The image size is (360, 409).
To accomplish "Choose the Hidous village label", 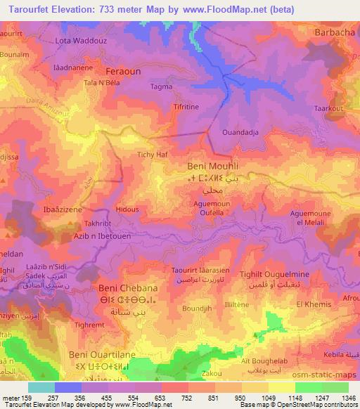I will [127, 209].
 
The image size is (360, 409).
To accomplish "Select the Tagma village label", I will [161, 87].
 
